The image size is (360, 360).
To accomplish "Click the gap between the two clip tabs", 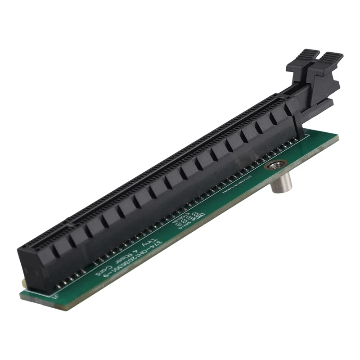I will coord(317,58).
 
